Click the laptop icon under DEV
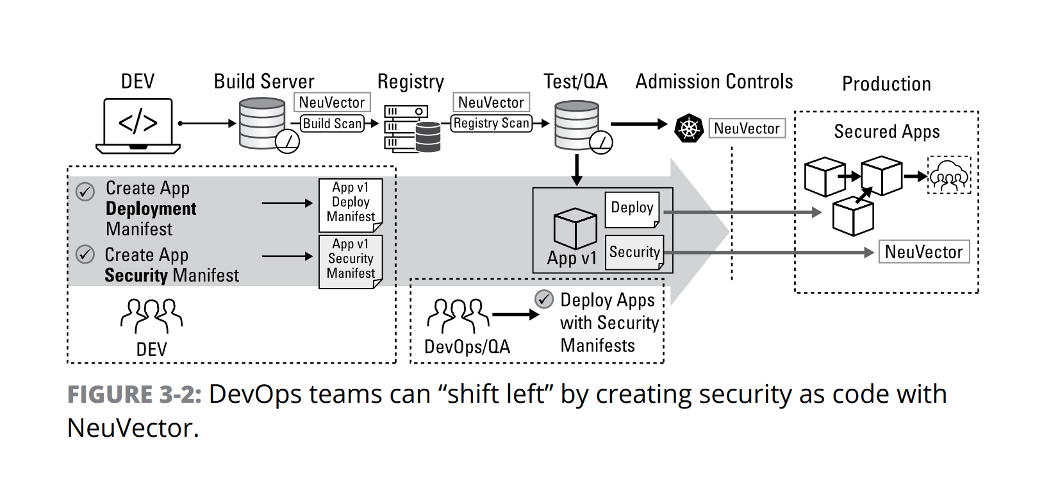[x=138, y=125]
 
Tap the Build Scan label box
[x=332, y=123]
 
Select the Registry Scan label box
[x=492, y=123]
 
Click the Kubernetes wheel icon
[x=689, y=128]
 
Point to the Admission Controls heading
[x=714, y=82]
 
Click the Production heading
[x=886, y=84]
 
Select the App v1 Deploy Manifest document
[x=351, y=205]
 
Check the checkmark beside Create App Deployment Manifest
[x=85, y=191]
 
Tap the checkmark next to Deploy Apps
[x=544, y=299]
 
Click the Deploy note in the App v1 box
[x=632, y=209]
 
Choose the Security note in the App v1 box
[x=634, y=252]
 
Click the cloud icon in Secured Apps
[x=949, y=175]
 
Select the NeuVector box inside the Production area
[x=923, y=252]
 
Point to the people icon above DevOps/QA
[x=458, y=314]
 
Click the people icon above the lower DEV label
[x=152, y=314]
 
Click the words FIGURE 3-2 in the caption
[x=135, y=394]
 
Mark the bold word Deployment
[x=151, y=209]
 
